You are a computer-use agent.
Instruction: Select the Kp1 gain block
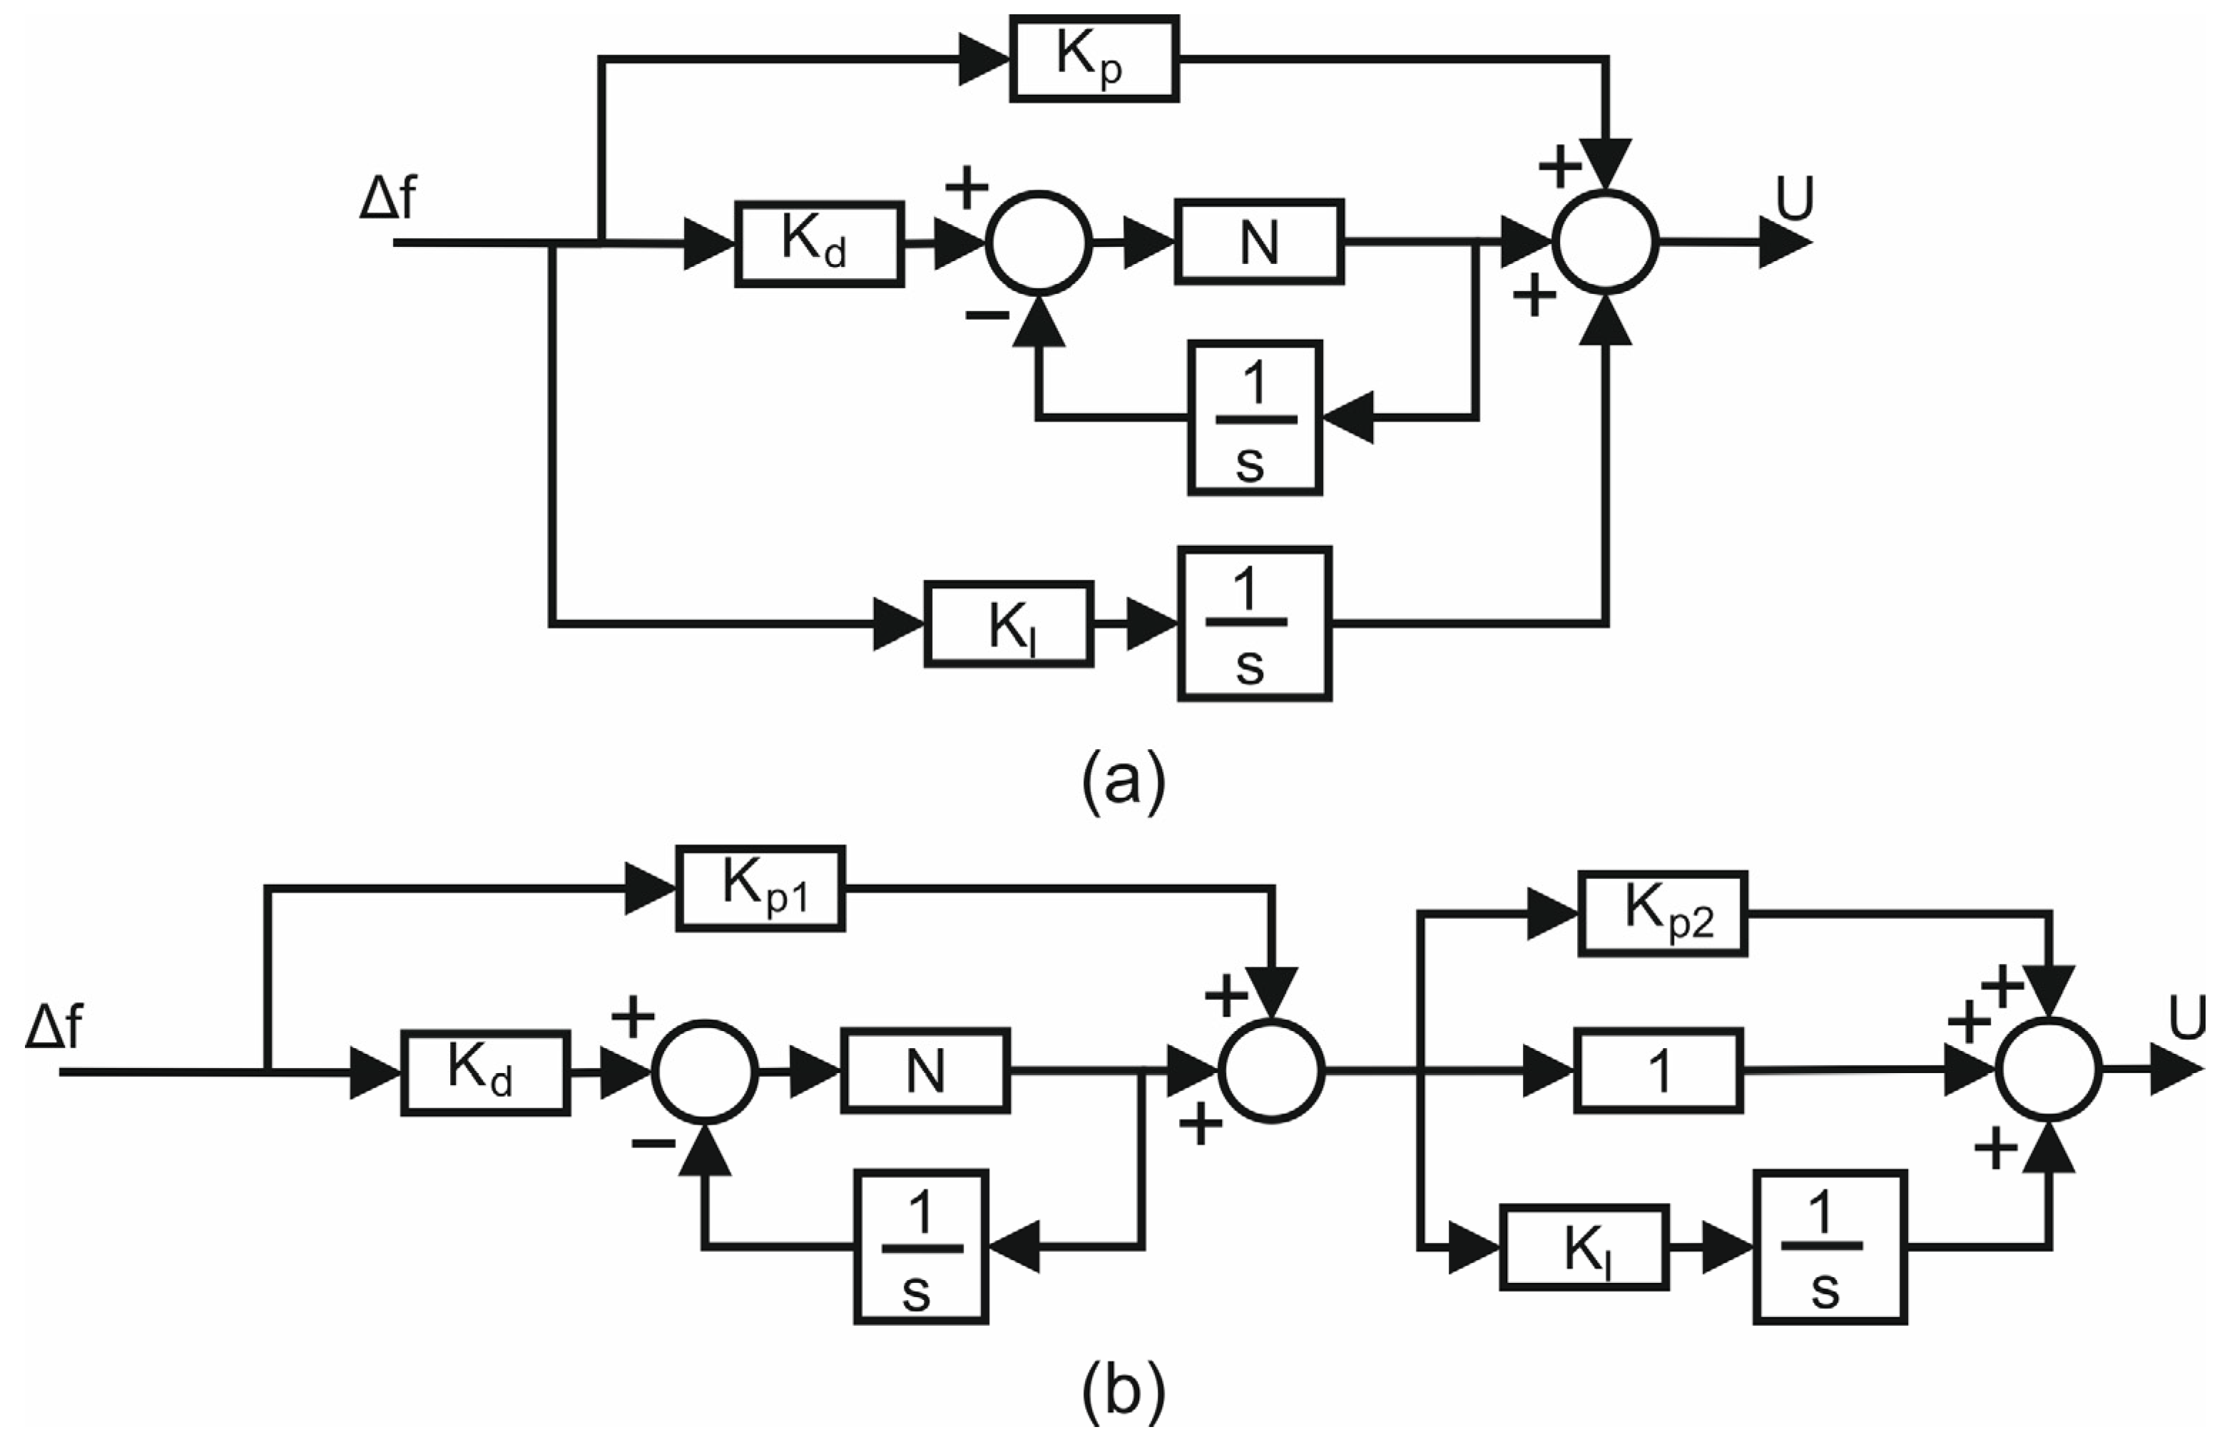point(760,888)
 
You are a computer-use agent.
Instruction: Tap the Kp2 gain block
point(1662,913)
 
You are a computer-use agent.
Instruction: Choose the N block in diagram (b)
point(924,1070)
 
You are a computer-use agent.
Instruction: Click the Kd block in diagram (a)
point(819,243)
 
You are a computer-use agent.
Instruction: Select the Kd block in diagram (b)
point(484,1072)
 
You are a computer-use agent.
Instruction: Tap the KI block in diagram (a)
point(1008,624)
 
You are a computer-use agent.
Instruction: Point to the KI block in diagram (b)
point(1584,1246)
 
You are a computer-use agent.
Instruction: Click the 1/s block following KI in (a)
point(1254,624)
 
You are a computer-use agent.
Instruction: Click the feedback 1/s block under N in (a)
point(1255,417)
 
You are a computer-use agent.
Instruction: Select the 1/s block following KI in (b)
point(1829,1246)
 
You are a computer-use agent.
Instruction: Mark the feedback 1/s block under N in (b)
point(921,1246)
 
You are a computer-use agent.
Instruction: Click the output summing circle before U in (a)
point(1606,241)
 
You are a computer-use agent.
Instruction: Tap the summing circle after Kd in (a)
point(1039,241)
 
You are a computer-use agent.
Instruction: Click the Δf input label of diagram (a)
point(387,199)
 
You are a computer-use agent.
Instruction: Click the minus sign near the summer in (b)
point(653,1142)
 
